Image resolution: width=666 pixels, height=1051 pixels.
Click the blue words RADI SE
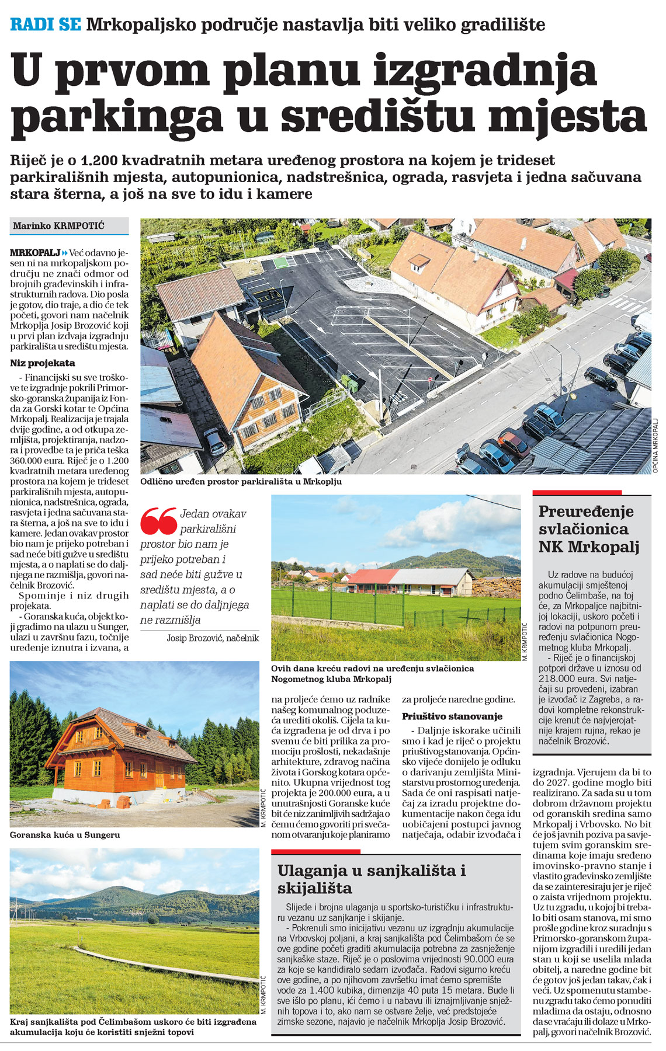point(46,25)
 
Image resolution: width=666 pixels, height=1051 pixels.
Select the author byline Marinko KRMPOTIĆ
point(59,225)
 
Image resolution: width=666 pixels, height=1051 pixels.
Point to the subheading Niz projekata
point(43,363)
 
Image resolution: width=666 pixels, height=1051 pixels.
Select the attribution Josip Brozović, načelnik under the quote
point(213,638)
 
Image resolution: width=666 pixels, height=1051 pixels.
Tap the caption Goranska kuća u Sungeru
point(65,834)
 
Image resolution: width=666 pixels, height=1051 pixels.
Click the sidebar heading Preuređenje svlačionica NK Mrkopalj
point(588,529)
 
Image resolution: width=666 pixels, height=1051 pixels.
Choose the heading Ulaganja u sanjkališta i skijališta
point(372,879)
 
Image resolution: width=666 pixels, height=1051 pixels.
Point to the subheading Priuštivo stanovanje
point(452,716)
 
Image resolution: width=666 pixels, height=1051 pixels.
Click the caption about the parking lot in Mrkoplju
point(241,482)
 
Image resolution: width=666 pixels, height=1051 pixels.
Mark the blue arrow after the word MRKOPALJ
point(65,253)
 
